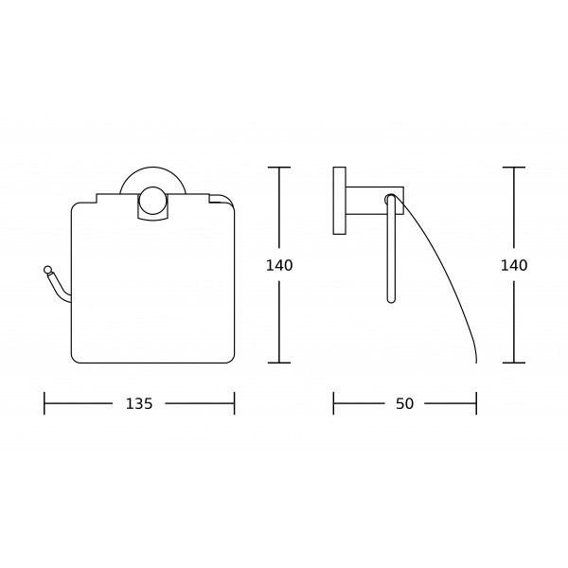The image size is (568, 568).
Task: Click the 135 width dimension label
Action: [x=139, y=403]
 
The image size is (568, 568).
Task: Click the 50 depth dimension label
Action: [x=404, y=403]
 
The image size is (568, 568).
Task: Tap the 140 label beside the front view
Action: [x=279, y=265]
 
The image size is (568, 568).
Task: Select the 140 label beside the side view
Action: [x=514, y=265]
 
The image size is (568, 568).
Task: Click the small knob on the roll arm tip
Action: [x=47, y=270]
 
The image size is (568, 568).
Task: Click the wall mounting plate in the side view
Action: [x=340, y=201]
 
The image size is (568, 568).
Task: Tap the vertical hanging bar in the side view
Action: [x=391, y=249]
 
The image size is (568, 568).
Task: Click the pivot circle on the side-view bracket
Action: [x=389, y=199]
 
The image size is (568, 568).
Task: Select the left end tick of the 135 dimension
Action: [x=44, y=403]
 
